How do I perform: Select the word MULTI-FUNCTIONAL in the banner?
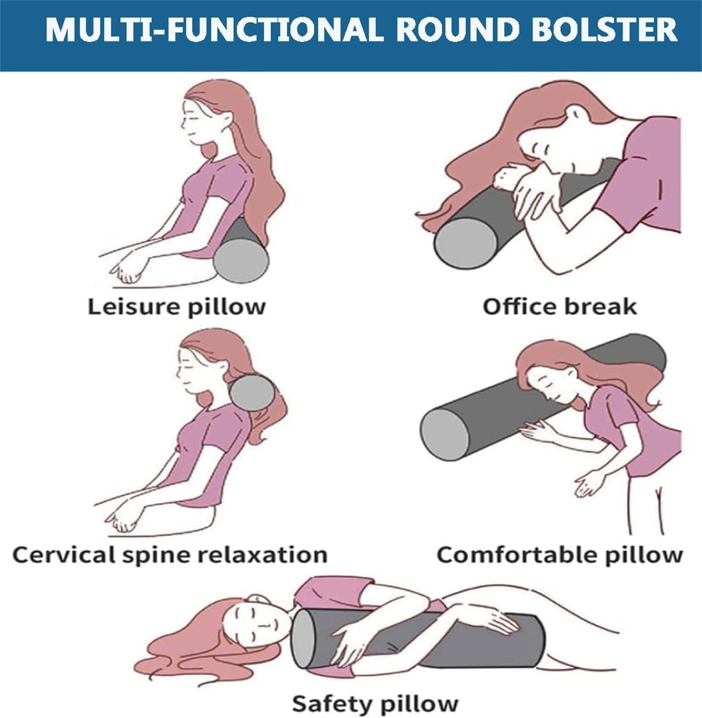click(214, 30)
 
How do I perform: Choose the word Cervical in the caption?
click(63, 554)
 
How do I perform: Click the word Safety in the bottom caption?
click(331, 703)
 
